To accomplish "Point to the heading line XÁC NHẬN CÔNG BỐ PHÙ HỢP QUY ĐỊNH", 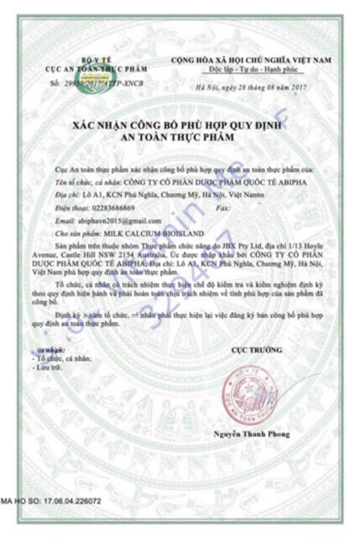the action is pos(179,125).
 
